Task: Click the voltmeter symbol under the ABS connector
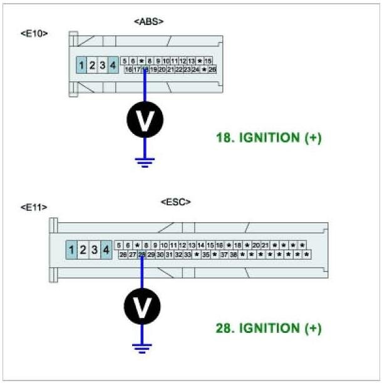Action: click(145, 120)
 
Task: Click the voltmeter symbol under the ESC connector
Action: click(142, 306)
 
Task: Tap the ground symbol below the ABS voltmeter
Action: click(145, 161)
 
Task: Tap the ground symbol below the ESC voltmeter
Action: click(142, 347)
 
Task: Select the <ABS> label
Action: click(149, 22)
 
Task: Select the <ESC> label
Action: click(176, 202)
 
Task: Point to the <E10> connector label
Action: click(34, 33)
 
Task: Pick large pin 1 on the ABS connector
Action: click(81, 64)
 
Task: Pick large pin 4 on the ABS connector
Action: click(112, 64)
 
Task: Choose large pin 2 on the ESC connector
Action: click(83, 250)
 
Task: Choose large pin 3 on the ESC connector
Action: click(95, 250)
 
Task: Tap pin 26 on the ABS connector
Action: click(212, 69)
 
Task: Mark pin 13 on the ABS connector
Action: click(192, 61)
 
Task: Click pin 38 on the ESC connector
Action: click(233, 255)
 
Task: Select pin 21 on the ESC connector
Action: click(265, 245)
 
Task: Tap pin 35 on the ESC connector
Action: click(205, 255)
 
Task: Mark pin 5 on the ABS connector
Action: click(125, 61)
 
